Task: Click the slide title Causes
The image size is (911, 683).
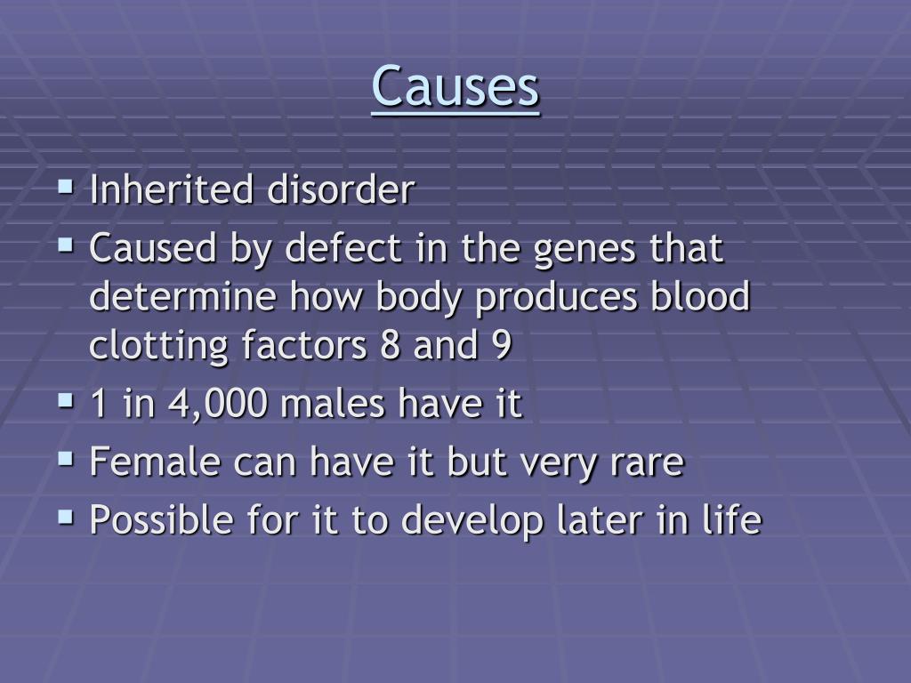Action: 455,87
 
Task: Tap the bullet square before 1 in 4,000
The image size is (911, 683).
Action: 66,403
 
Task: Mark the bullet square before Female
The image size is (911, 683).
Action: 66,460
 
